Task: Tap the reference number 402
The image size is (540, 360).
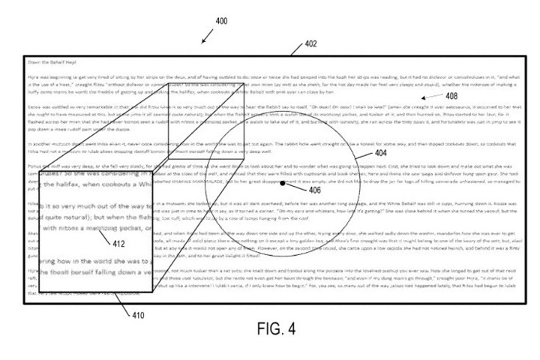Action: tap(310, 45)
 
